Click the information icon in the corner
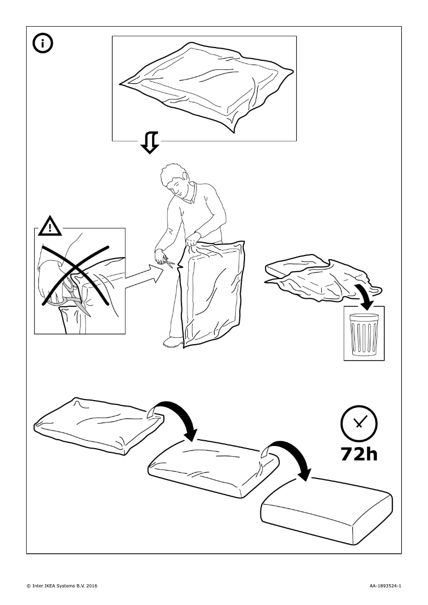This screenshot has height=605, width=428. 43,44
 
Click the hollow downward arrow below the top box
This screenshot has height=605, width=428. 150,142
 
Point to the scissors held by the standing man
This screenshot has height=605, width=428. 168,261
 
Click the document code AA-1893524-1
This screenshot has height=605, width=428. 385,586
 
